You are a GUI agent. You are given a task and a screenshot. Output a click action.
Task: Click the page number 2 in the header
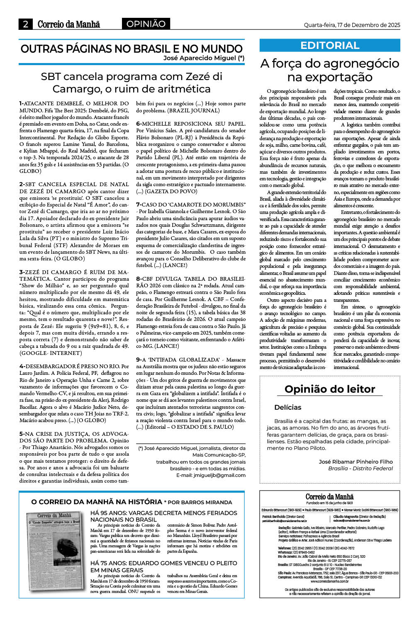click(26, 24)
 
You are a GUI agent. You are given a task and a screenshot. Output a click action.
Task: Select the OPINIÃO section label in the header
click(146, 24)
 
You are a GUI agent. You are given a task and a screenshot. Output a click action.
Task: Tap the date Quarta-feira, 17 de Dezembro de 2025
click(352, 25)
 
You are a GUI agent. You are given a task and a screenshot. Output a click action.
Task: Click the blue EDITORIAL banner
click(330, 45)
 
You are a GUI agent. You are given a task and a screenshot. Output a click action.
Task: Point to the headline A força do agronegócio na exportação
click(330, 70)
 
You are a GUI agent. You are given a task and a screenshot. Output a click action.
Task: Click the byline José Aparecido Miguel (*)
click(204, 58)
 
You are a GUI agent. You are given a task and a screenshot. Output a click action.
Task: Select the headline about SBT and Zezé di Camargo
click(132, 83)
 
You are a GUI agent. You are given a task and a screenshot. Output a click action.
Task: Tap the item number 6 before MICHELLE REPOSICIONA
click(139, 124)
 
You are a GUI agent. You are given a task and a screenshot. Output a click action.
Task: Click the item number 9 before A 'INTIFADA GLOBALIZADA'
click(139, 360)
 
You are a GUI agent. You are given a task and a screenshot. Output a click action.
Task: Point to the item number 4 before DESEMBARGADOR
click(22, 366)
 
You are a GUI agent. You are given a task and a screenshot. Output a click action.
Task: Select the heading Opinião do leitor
click(330, 389)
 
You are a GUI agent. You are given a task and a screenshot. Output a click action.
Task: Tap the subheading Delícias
click(288, 407)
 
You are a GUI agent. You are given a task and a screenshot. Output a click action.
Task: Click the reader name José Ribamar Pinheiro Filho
click(356, 462)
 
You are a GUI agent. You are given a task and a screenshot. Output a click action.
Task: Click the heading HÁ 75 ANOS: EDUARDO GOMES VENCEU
click(163, 566)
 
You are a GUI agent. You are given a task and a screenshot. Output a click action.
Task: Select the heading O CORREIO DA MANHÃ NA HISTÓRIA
click(97, 502)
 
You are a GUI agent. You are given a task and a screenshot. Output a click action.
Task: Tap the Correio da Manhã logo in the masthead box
click(329, 497)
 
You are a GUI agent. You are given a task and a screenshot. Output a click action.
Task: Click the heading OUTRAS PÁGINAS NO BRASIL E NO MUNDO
click(132, 49)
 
